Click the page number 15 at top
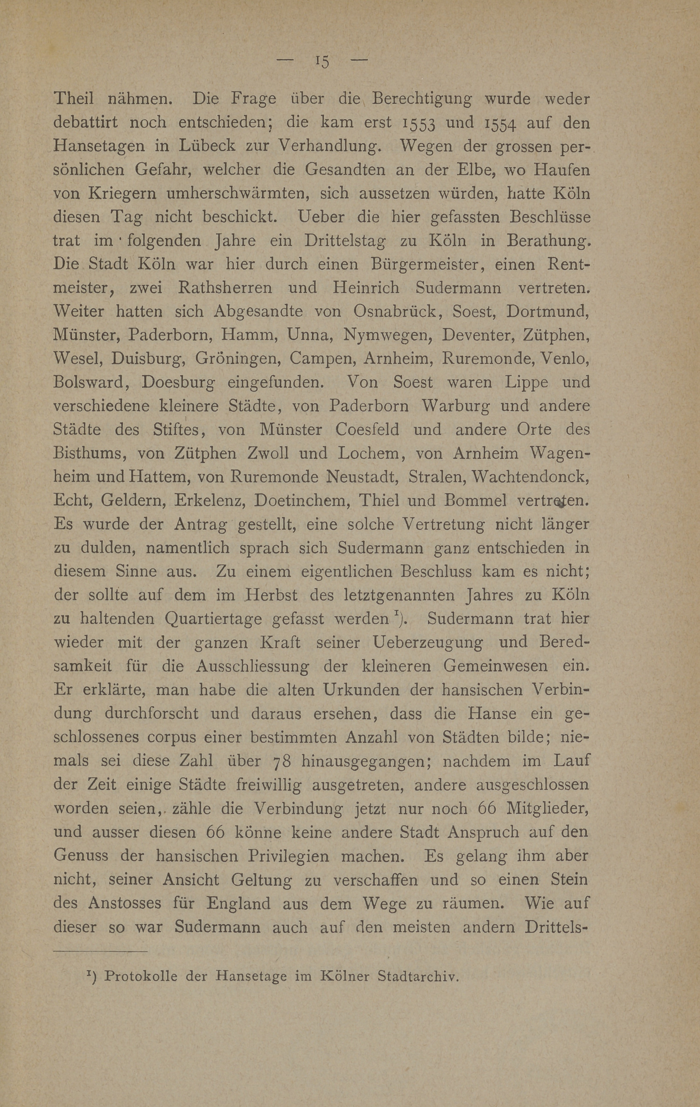[x=322, y=61]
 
